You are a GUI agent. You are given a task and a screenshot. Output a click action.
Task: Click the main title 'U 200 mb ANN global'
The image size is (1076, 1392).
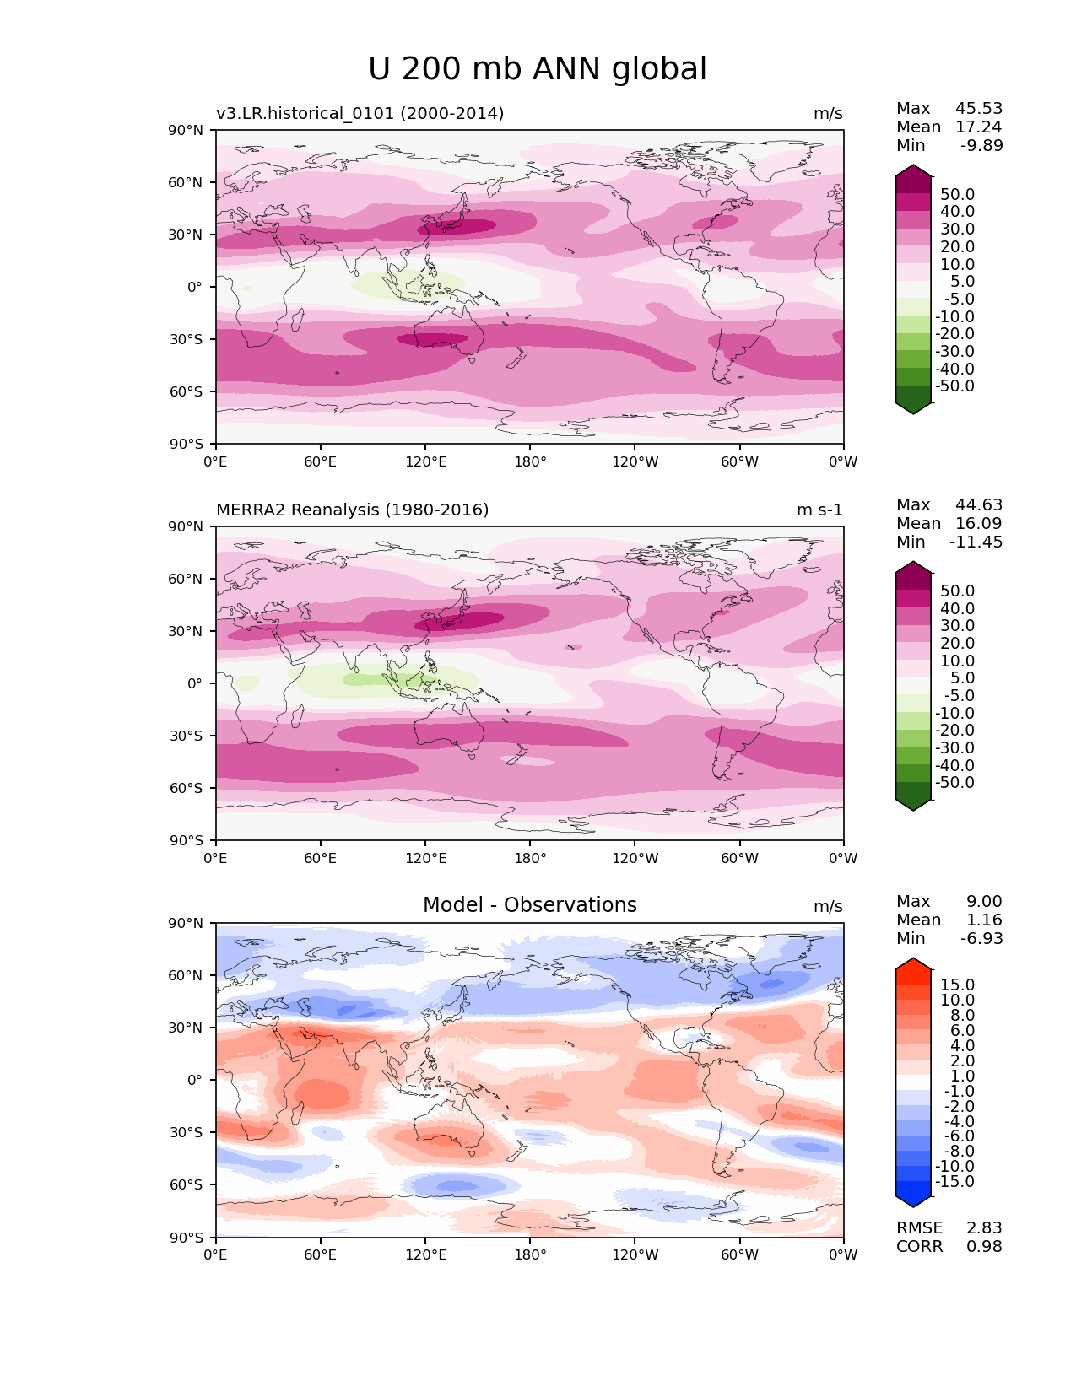click(x=538, y=69)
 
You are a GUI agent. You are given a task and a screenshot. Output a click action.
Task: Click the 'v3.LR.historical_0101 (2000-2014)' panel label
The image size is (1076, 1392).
click(x=360, y=113)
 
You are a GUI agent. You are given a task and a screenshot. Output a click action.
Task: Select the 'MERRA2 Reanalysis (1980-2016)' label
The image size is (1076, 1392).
click(x=352, y=510)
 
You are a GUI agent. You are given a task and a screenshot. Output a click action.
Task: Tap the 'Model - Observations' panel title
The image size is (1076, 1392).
click(x=529, y=905)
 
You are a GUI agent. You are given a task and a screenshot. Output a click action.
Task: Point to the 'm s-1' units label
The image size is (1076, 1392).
click(x=819, y=510)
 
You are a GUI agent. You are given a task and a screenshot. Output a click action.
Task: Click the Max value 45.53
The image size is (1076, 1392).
click(x=979, y=108)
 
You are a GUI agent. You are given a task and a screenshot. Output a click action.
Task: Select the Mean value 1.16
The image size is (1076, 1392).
click(x=984, y=920)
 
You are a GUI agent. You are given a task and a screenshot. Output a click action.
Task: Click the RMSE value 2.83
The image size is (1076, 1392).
click(x=984, y=1227)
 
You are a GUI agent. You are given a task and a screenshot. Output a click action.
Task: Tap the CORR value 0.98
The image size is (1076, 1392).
click(x=984, y=1246)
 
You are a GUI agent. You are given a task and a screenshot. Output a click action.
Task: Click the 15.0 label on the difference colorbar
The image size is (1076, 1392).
click(x=957, y=985)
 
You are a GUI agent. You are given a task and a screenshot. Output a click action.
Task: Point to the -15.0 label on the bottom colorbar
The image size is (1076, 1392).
click(x=954, y=1181)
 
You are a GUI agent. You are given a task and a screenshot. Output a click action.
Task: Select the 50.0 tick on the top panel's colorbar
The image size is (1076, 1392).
click(x=957, y=194)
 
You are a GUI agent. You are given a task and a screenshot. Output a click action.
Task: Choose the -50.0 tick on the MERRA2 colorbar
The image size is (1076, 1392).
click(x=954, y=782)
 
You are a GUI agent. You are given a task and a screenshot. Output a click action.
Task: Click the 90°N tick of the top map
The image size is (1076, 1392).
click(x=187, y=130)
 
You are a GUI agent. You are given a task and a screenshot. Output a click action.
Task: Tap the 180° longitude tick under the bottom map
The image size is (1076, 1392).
click(x=530, y=1254)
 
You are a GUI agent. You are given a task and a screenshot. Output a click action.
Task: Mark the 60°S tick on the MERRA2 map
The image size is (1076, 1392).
click(x=187, y=788)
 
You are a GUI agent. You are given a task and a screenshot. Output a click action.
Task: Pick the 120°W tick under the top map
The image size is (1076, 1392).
click(x=635, y=461)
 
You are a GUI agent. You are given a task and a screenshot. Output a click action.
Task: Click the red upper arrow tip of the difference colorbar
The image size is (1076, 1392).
click(x=913, y=963)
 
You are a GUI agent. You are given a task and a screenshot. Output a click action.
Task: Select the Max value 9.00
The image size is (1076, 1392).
click(x=984, y=901)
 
